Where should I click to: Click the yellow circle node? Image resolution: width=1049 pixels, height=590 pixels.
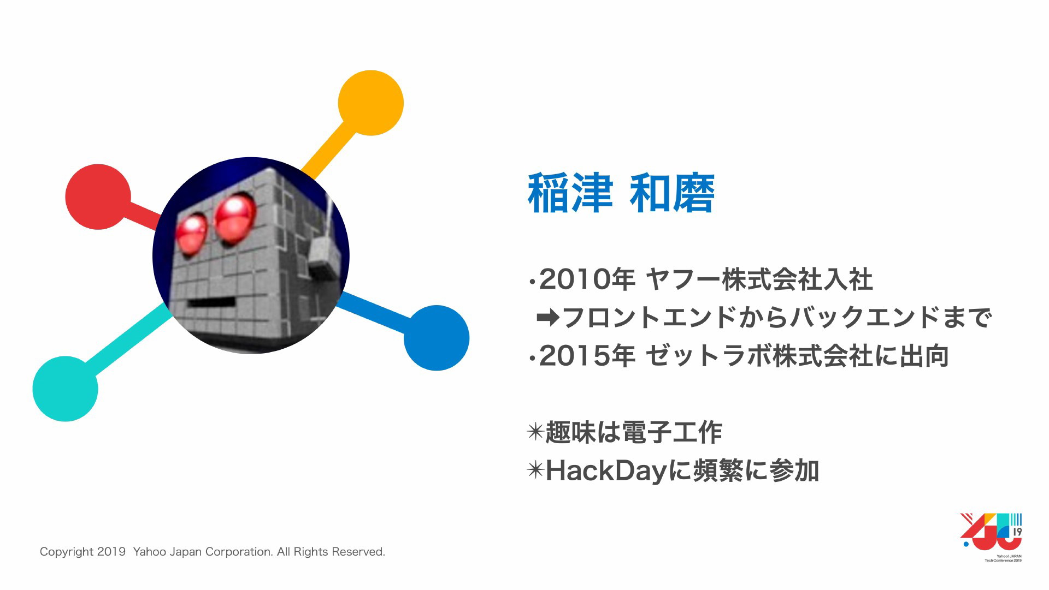point(370,103)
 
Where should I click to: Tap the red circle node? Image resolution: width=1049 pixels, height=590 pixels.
point(98,196)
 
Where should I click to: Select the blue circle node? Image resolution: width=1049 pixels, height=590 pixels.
point(437,338)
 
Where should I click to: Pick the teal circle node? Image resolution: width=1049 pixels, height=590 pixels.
point(65,389)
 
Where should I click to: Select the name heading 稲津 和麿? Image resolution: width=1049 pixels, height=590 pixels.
point(621,193)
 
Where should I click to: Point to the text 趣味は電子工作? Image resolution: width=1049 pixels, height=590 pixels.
point(634,432)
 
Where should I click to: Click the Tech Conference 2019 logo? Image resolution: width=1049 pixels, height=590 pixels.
point(992,537)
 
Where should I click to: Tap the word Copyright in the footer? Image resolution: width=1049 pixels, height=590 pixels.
point(67,552)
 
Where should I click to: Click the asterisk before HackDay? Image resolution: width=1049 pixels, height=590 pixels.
point(535,470)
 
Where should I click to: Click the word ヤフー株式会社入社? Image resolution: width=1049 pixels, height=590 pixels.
point(759,280)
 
